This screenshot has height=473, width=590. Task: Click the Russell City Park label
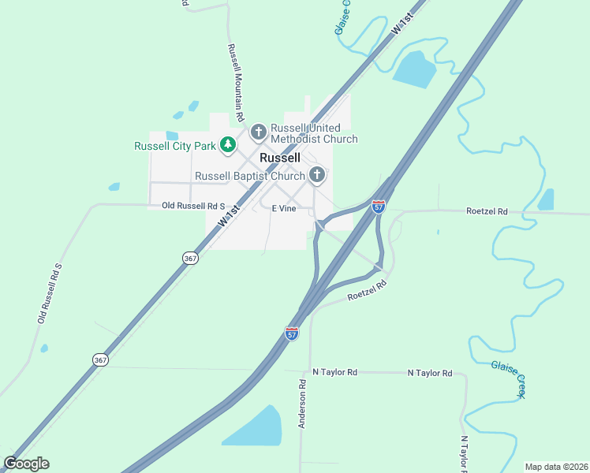[174, 146]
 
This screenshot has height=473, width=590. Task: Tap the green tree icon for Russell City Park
[228, 144]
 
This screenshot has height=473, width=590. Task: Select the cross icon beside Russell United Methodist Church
[259, 132]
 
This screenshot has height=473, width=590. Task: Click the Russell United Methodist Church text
[313, 133]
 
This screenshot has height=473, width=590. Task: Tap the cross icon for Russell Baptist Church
[317, 175]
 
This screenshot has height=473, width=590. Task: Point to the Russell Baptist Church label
[249, 176]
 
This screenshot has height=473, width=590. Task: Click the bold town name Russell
[280, 158]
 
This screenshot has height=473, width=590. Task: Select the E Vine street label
[283, 209]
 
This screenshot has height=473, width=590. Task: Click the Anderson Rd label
[301, 404]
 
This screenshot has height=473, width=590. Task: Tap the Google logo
[26, 464]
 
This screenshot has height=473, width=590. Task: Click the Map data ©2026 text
[556, 466]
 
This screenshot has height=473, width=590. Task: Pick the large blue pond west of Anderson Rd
[254, 428]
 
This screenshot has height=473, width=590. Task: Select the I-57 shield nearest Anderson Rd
[292, 333]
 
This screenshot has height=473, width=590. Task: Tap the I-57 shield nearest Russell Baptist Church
[379, 207]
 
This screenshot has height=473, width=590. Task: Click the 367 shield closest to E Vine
[189, 258]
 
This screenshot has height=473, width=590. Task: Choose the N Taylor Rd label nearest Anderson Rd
[334, 372]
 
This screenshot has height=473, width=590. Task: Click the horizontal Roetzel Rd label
[487, 211]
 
